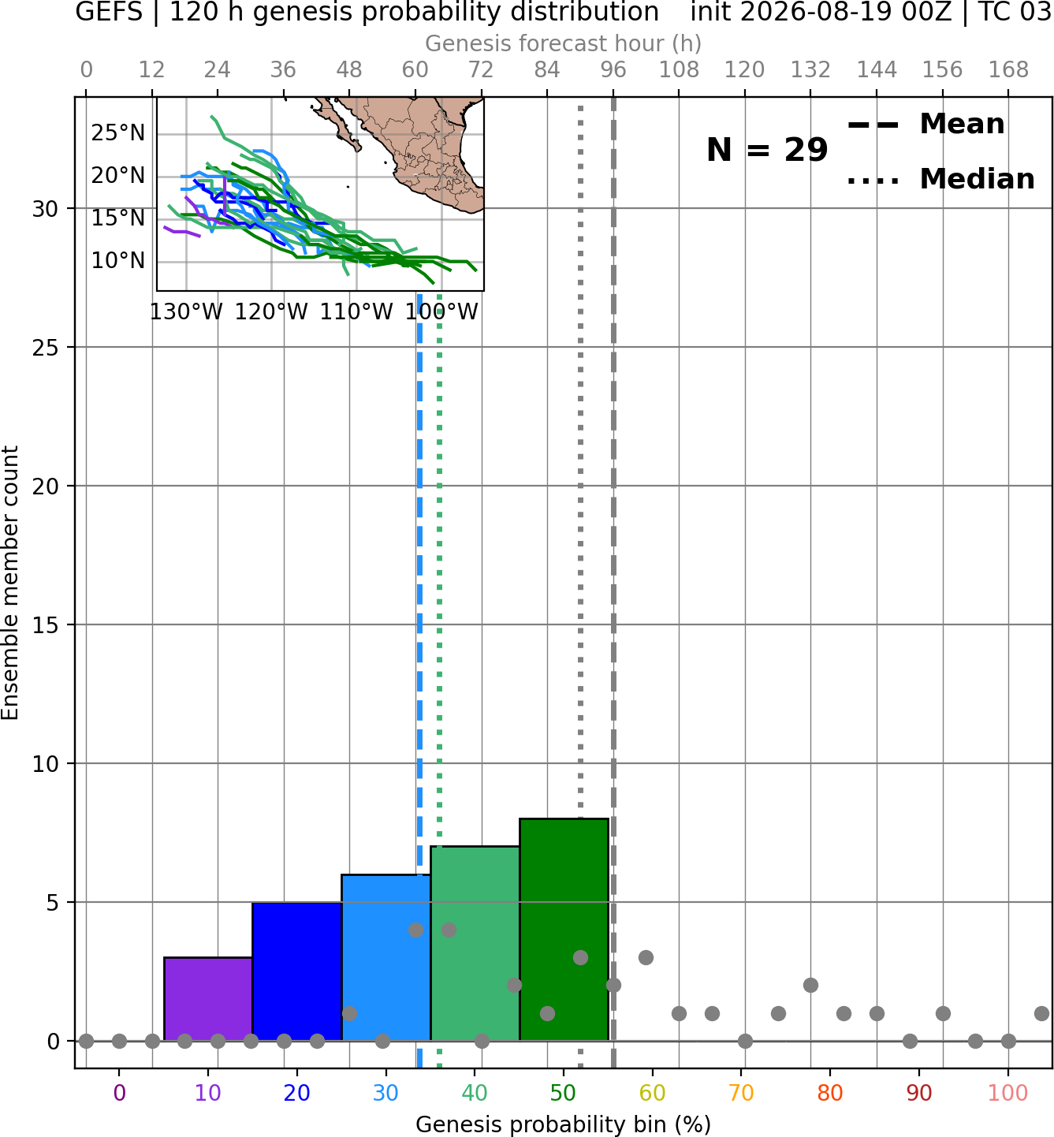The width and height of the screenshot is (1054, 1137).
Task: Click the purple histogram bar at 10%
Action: [208, 998]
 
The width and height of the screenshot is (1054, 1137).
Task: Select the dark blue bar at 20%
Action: [297, 971]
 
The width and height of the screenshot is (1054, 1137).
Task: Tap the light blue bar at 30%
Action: [385, 957]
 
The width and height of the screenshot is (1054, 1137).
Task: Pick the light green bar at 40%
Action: [475, 943]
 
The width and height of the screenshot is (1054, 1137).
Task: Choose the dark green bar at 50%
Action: [564, 929]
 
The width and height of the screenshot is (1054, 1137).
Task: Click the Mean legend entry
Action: [926, 125]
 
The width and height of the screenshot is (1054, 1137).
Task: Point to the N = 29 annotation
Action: [767, 150]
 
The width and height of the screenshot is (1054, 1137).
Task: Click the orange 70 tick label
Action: [741, 1094]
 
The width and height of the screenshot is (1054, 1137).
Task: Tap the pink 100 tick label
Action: [1008, 1094]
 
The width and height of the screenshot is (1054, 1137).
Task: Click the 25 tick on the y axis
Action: [46, 348]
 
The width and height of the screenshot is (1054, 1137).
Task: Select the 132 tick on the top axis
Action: [810, 70]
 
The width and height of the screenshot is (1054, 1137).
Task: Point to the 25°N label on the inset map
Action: [118, 132]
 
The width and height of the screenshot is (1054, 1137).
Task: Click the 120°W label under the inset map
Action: [271, 312]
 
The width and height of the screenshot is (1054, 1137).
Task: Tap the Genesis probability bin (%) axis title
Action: [564, 1124]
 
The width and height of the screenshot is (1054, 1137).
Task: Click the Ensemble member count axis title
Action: [10, 583]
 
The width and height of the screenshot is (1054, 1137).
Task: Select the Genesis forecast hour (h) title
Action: [564, 43]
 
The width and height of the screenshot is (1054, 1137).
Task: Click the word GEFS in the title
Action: [109, 12]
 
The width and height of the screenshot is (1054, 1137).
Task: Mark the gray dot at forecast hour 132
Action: [810, 986]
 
